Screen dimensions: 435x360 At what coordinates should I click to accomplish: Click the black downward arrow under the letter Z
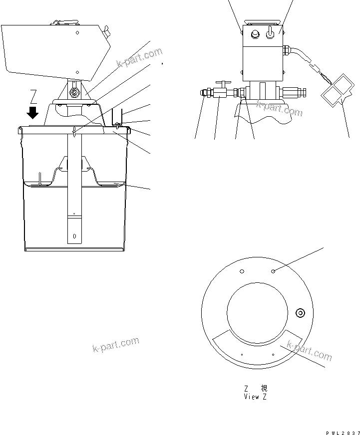33,112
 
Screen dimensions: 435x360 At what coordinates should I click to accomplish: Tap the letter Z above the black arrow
33,95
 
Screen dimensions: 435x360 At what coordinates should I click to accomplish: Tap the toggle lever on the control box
271,32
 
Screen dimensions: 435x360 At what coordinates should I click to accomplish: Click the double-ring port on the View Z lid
300,313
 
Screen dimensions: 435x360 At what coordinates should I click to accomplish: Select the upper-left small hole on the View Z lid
242,271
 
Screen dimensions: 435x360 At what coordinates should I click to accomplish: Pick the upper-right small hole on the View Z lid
274,271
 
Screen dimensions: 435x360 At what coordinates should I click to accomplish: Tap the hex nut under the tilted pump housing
75,93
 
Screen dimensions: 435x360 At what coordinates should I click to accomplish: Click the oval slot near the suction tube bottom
74,235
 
